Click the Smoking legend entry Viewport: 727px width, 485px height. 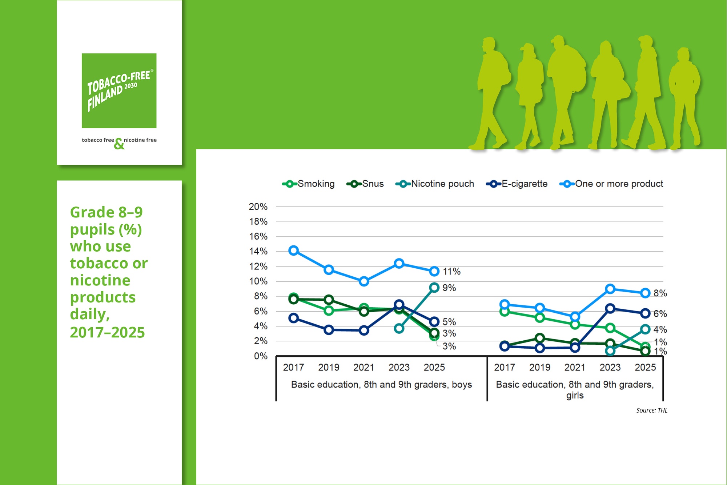(x=309, y=184)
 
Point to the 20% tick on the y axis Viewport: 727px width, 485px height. (x=258, y=207)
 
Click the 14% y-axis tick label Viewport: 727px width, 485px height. (x=258, y=252)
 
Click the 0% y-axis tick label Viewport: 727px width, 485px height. (x=261, y=356)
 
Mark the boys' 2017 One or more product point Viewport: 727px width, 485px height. (x=294, y=250)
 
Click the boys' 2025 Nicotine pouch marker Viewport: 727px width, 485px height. (x=434, y=288)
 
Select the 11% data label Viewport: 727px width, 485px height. (x=451, y=272)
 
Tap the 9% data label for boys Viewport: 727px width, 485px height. (x=449, y=288)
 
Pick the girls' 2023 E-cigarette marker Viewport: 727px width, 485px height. (x=610, y=309)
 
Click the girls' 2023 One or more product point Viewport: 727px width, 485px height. (x=610, y=289)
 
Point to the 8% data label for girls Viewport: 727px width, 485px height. (x=660, y=293)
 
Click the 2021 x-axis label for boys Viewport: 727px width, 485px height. (x=364, y=368)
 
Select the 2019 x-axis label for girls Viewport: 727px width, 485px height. (x=540, y=368)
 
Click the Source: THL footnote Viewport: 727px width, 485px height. (x=652, y=410)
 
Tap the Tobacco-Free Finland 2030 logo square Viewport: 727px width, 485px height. (x=119, y=91)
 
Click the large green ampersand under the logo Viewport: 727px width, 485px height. (x=119, y=144)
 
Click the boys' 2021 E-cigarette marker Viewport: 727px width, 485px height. (x=364, y=330)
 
